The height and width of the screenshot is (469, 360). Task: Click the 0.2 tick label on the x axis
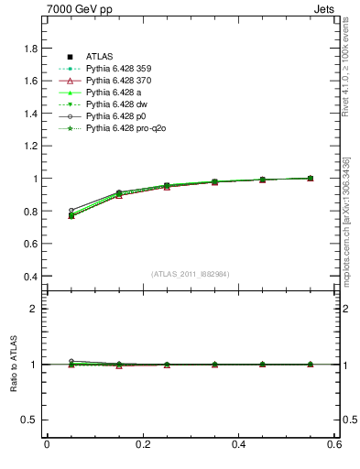point(143,444)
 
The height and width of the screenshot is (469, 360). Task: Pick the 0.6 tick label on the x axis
point(335,444)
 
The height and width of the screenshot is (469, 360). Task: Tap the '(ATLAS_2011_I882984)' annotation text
point(191,274)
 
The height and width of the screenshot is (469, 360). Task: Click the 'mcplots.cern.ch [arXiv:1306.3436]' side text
point(347,216)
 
